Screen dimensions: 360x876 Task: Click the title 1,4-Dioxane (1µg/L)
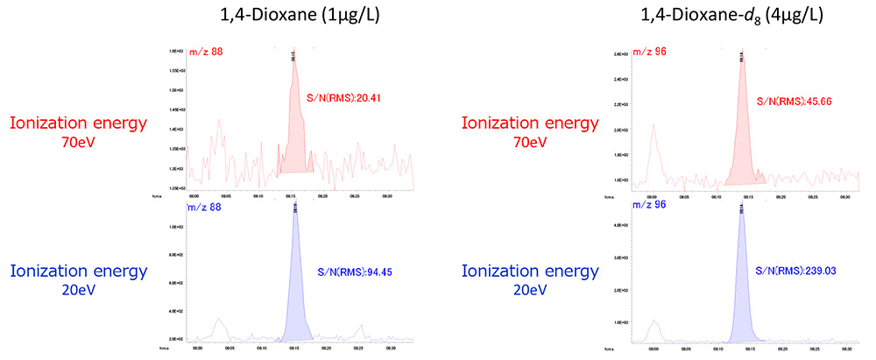point(284,16)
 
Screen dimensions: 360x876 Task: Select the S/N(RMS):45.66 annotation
point(794,102)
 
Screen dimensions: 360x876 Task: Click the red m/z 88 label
point(206,53)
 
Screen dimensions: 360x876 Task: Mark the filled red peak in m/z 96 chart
point(742,140)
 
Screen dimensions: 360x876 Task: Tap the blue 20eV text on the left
point(79,290)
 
